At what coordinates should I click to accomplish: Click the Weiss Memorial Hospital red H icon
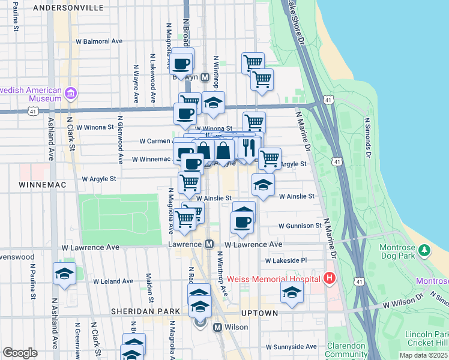coord(329,278)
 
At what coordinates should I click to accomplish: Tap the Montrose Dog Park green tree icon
coord(424,249)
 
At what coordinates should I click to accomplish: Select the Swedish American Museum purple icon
coord(71,94)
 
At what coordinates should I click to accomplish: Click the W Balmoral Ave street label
coord(98,41)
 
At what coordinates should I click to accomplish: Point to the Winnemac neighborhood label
coord(38,184)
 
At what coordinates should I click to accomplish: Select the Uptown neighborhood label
coord(259,313)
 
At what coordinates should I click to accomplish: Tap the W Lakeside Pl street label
coord(286,260)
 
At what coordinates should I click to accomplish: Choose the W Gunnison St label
coord(300,226)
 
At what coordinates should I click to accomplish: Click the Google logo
coord(20,353)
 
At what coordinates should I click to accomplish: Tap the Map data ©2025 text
coord(424,355)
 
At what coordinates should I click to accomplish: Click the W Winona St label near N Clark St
coord(94,127)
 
